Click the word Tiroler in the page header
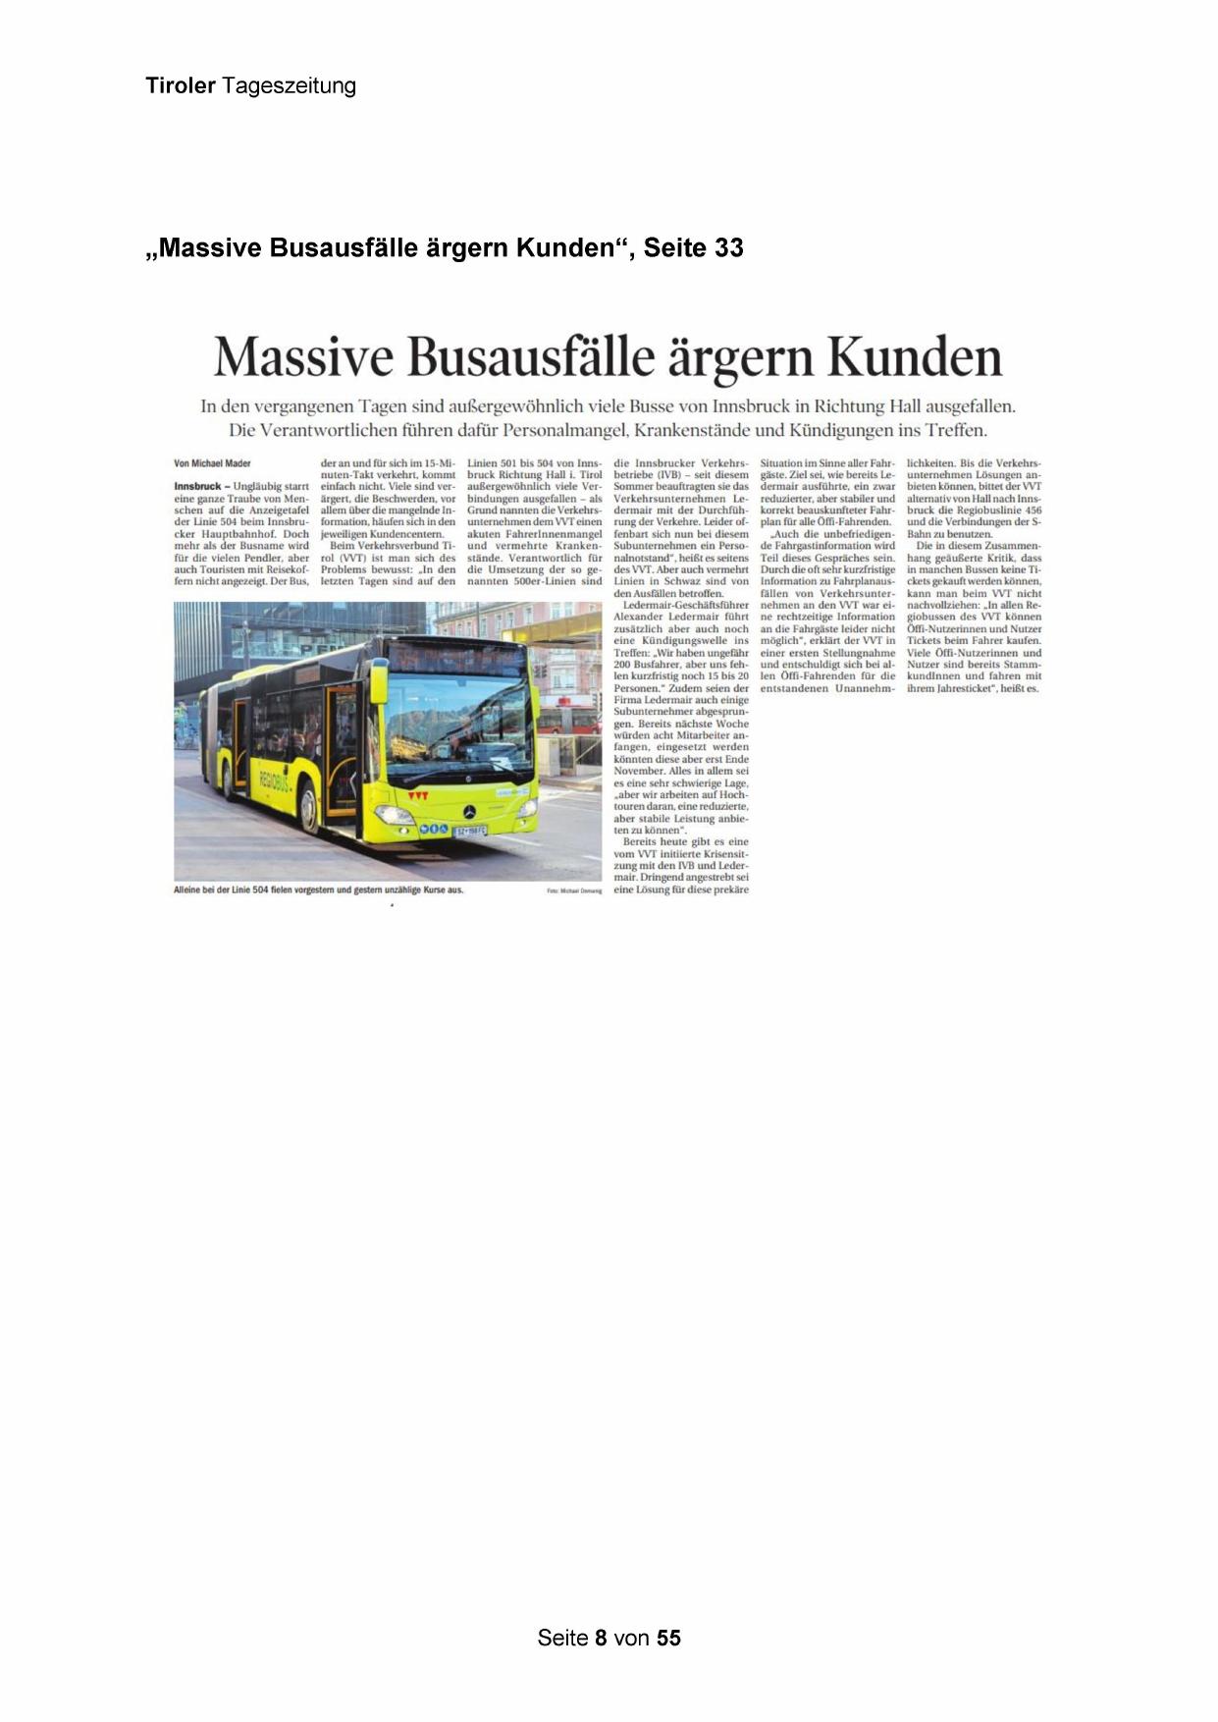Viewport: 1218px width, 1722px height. [x=181, y=85]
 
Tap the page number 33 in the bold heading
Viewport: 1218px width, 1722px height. [x=728, y=248]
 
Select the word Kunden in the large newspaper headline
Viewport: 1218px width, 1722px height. [x=915, y=356]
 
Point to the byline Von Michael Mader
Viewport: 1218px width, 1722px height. [x=212, y=463]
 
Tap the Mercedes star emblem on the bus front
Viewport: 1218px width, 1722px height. [x=470, y=812]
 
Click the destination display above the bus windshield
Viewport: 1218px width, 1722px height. [x=456, y=657]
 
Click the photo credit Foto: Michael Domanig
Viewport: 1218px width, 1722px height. [x=575, y=891]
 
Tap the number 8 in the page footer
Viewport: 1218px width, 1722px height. [x=601, y=1638]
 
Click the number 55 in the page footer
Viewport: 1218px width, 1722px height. [x=668, y=1638]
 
